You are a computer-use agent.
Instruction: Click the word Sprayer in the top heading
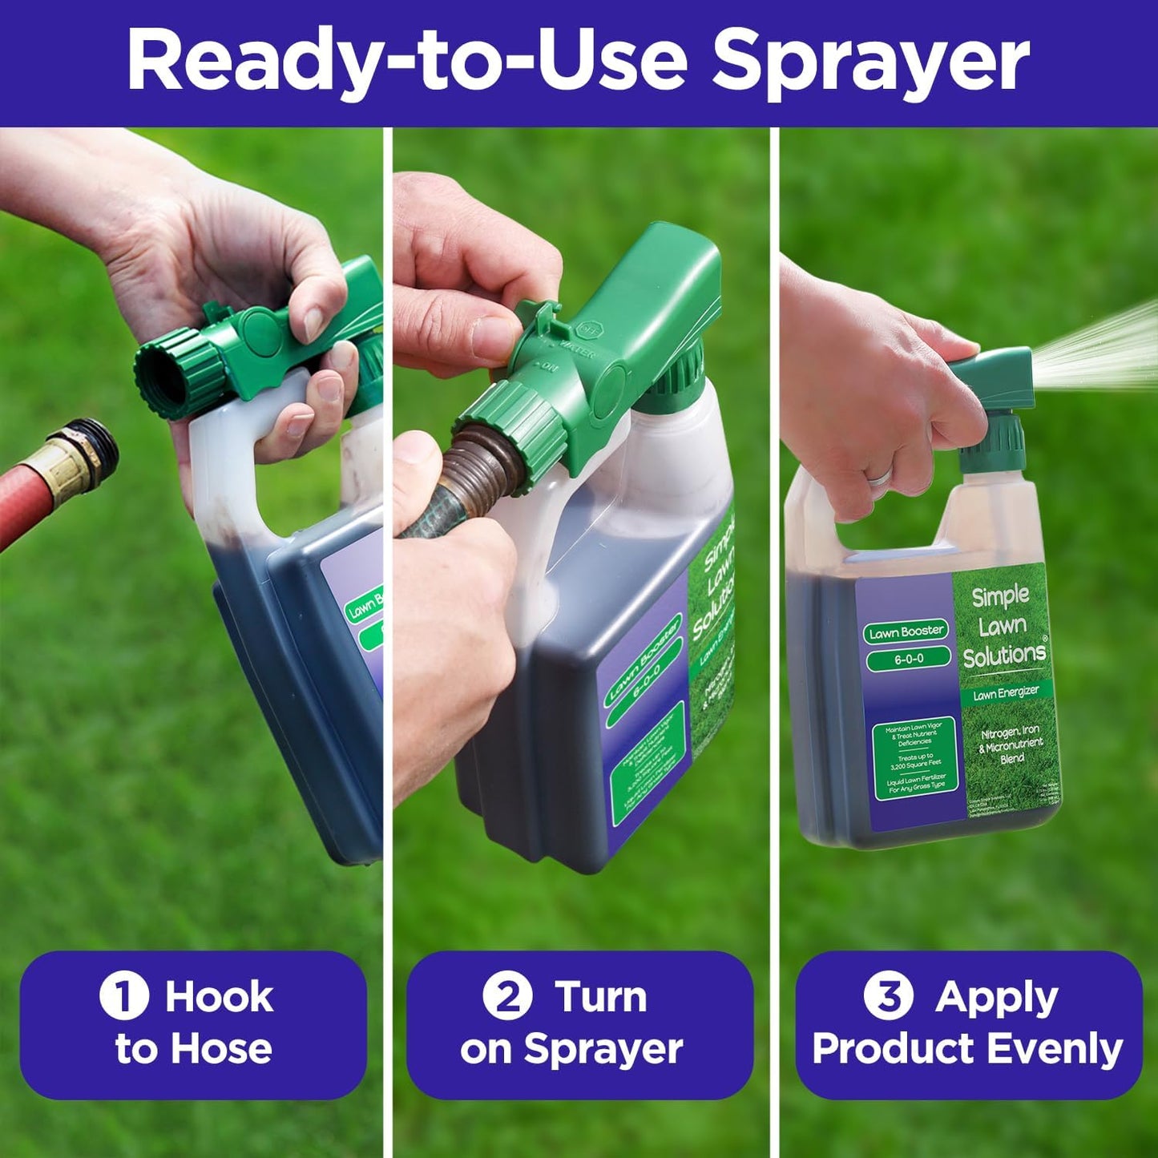(870, 63)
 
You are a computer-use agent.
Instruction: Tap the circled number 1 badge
(124, 996)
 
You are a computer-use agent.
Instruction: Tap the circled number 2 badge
(507, 996)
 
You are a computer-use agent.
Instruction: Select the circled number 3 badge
(888, 996)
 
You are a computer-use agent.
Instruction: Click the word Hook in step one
(219, 997)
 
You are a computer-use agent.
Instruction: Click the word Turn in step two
(601, 997)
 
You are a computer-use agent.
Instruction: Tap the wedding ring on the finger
(879, 477)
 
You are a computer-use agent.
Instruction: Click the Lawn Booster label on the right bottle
(906, 631)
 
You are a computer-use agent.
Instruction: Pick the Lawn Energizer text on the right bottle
(1006, 692)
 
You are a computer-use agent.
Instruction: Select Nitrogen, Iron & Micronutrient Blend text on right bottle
(1011, 744)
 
